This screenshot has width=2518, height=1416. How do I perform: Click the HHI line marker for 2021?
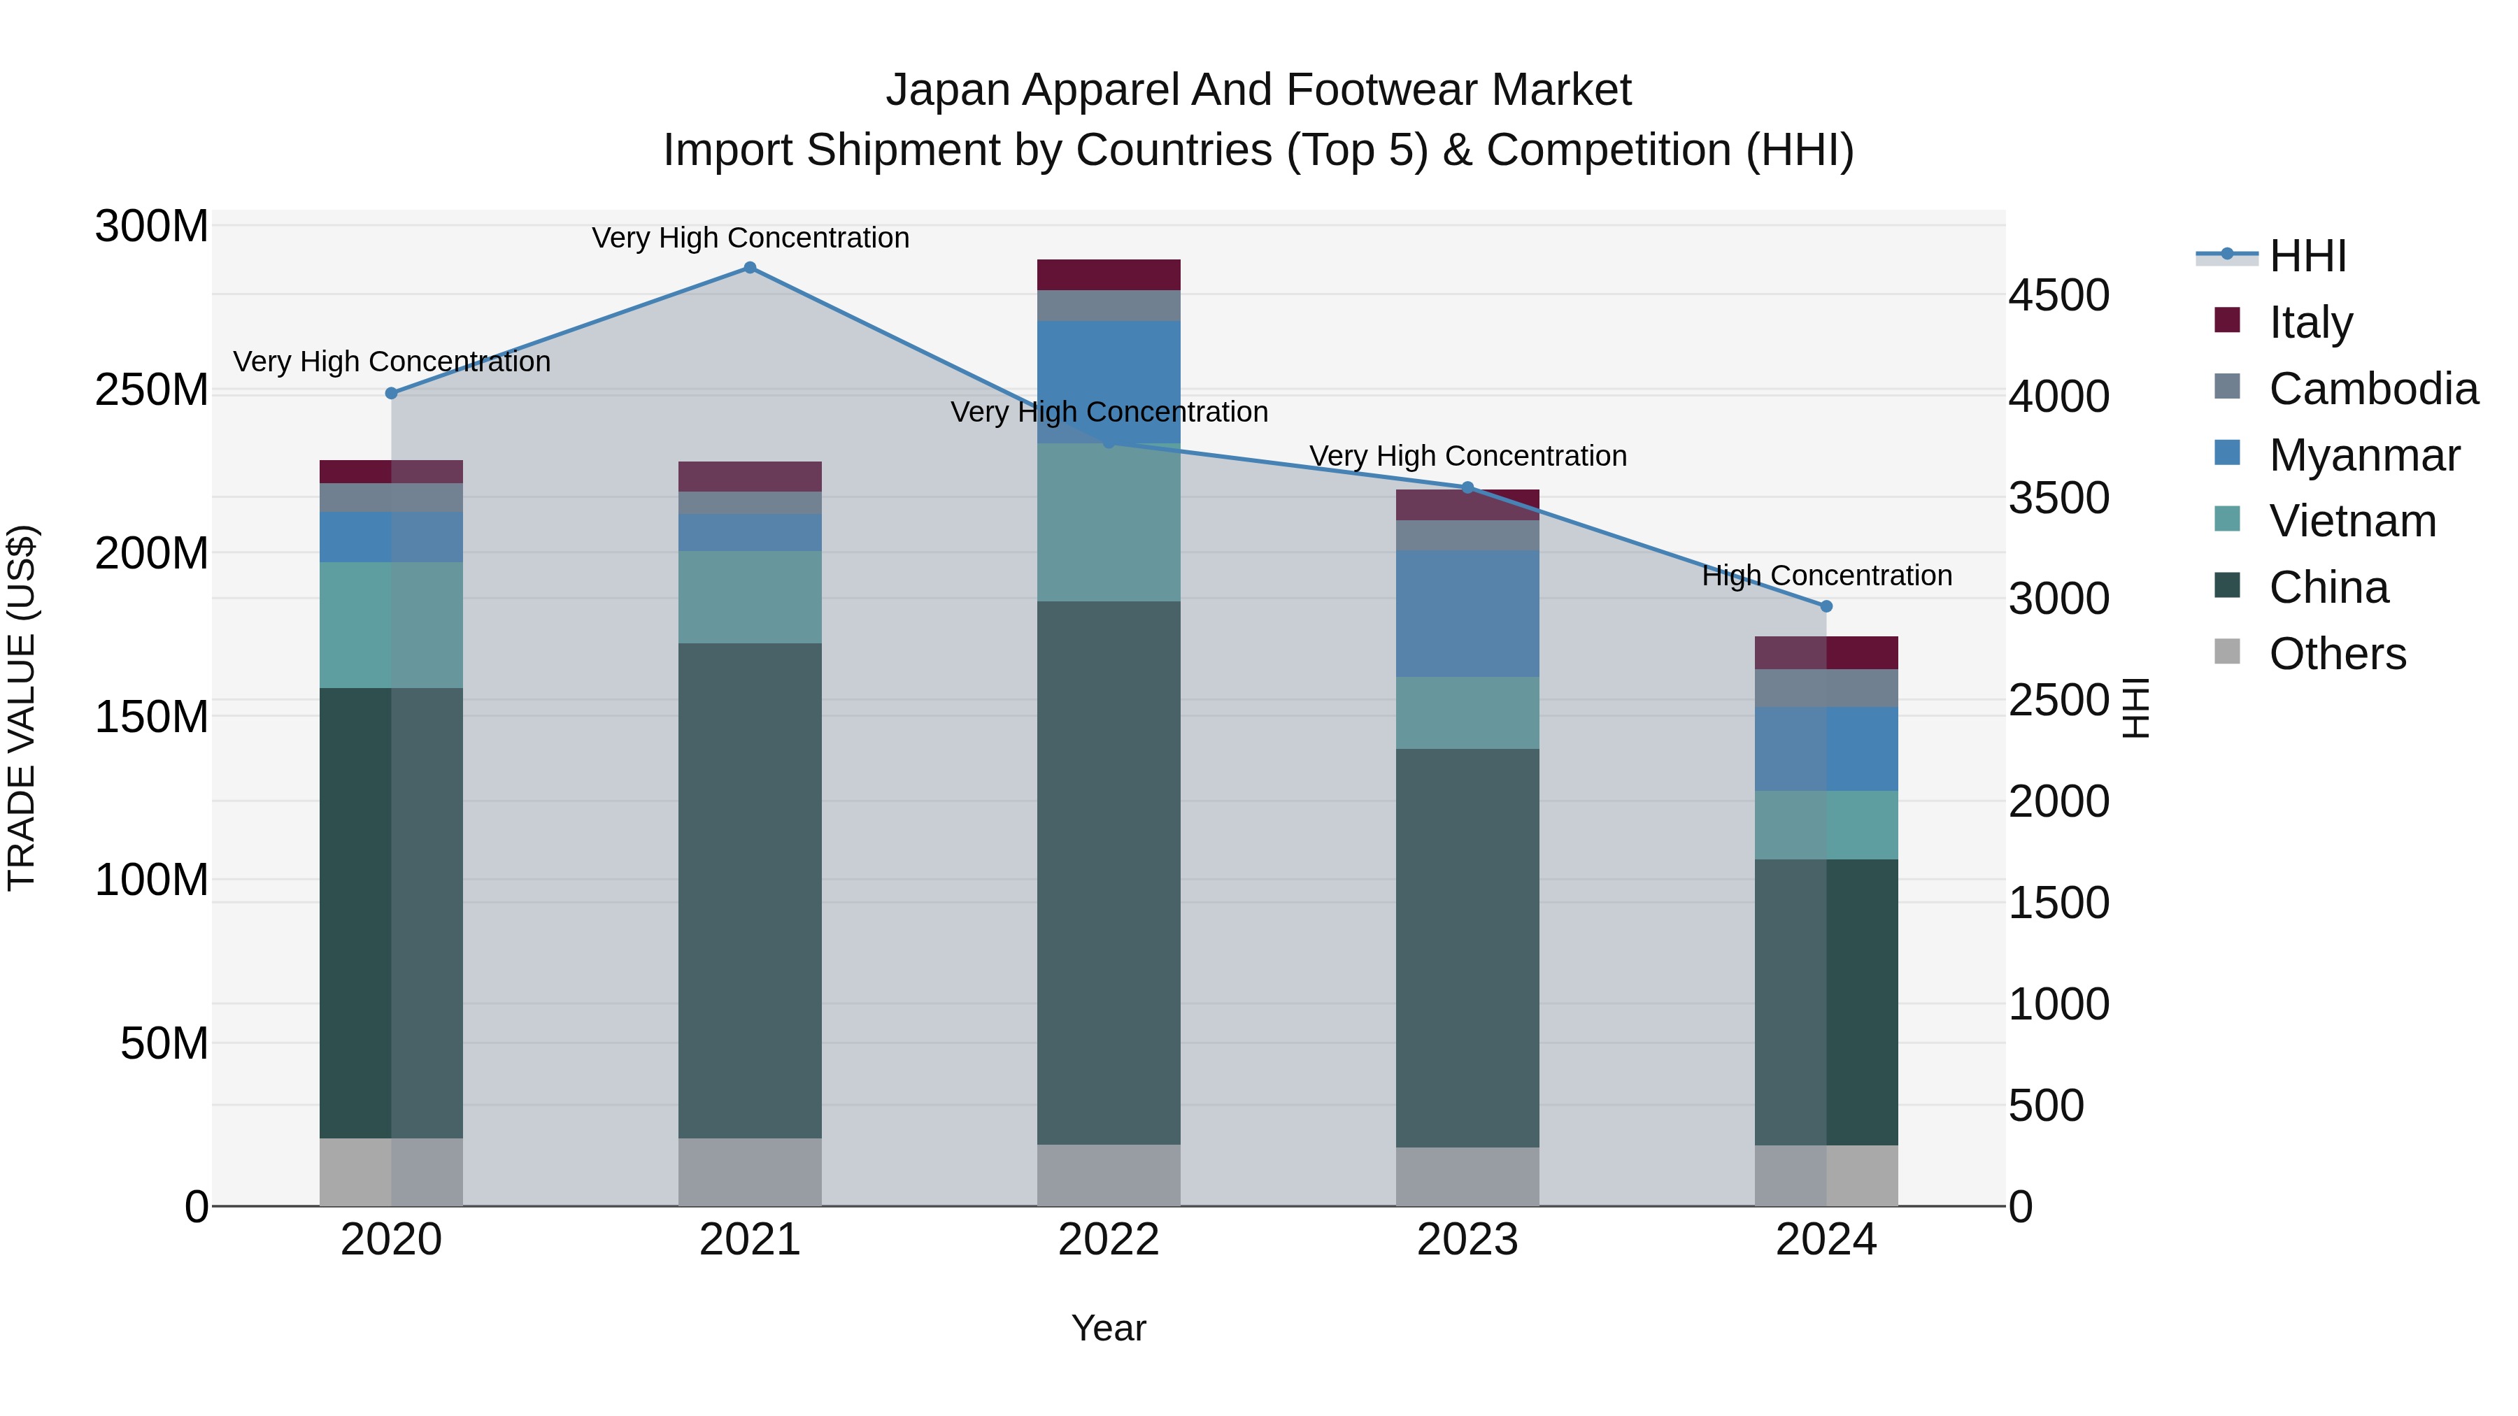pos(750,268)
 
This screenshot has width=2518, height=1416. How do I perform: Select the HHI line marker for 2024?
pos(1826,606)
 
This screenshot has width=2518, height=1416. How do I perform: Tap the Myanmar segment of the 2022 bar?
pos(1109,381)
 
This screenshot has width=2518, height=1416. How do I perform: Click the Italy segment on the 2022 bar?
pos(1109,275)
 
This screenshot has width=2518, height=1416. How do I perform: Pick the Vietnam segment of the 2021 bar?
pos(750,597)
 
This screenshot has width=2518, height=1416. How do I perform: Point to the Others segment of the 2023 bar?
pos(1467,1177)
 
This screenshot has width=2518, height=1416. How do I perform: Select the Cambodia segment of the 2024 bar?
pos(1826,688)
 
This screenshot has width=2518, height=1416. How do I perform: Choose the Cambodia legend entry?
pos(2373,389)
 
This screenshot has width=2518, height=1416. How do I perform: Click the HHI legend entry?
pos(2307,256)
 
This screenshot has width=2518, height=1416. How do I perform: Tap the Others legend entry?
pos(2336,654)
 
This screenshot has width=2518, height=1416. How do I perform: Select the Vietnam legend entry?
pos(2352,521)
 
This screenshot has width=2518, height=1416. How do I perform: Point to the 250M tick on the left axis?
pos(152,390)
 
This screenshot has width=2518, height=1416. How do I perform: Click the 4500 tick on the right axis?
pos(2058,295)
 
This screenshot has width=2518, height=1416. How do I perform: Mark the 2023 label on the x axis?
pos(1467,1240)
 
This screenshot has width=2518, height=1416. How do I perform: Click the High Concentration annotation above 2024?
pos(1826,575)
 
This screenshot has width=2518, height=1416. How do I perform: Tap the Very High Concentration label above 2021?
pos(750,238)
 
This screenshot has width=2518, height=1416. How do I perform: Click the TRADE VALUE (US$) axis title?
pos(22,708)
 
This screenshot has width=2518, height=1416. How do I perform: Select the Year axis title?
pos(1109,1328)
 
